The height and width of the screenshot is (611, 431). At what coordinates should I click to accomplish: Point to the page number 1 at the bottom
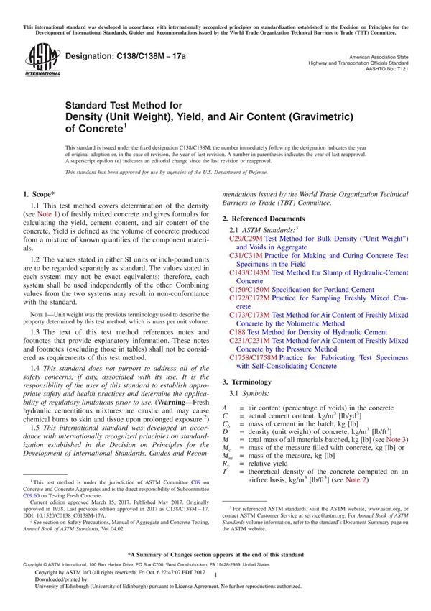coord(215,587)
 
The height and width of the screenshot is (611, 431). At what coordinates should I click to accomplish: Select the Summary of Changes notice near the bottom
coord(215,555)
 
